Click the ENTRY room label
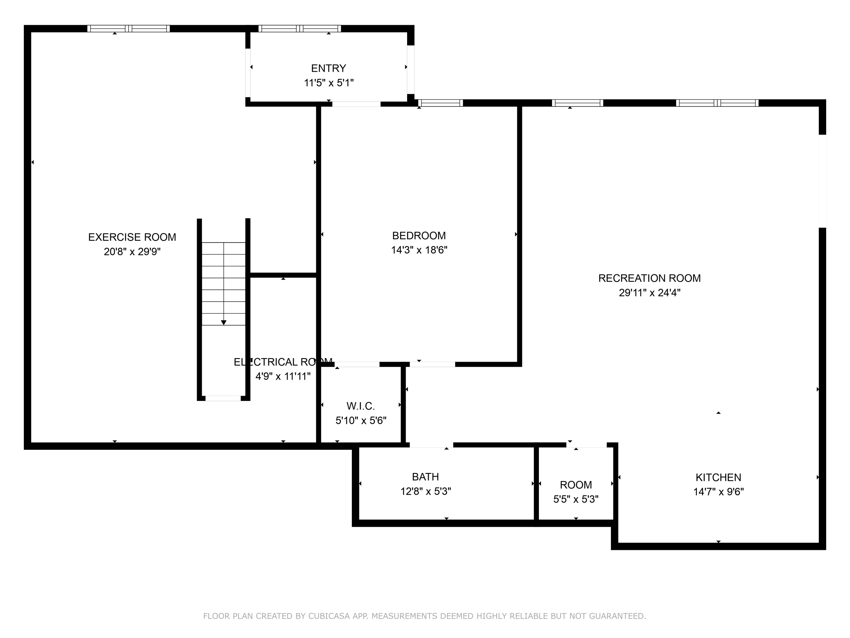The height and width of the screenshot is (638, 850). click(x=329, y=68)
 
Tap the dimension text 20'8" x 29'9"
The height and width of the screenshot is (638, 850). click(x=132, y=252)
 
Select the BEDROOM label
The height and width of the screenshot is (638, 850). click(x=419, y=236)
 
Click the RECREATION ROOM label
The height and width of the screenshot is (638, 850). click(x=649, y=278)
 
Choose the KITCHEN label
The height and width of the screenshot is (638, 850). click(x=718, y=478)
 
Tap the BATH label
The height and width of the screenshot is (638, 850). click(x=425, y=477)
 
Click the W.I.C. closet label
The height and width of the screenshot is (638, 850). click(x=360, y=406)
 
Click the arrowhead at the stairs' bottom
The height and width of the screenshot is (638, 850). click(x=224, y=323)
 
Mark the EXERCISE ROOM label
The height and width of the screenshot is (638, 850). click(x=132, y=237)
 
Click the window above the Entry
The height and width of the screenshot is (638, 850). click(x=300, y=28)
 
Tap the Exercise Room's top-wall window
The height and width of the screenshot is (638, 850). click(x=128, y=28)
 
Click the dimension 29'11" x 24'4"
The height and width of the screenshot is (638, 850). click(x=649, y=293)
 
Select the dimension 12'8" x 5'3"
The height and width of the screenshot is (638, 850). click(x=425, y=491)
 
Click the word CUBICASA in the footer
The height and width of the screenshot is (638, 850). click(x=329, y=616)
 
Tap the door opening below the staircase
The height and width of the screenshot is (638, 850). click(x=223, y=398)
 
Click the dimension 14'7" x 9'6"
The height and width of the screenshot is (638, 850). click(x=718, y=492)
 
